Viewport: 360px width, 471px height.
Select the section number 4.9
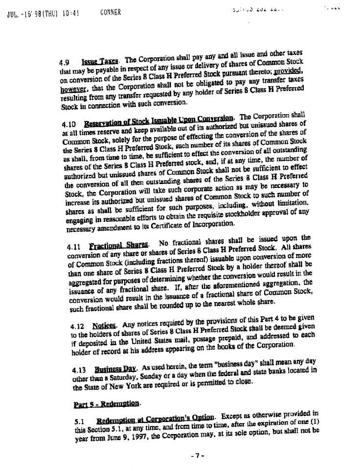(x=64, y=63)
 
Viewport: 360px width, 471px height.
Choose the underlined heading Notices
(x=104, y=325)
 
